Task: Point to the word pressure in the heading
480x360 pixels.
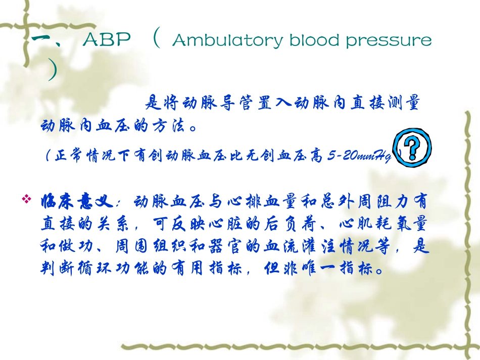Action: (x=389, y=41)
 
